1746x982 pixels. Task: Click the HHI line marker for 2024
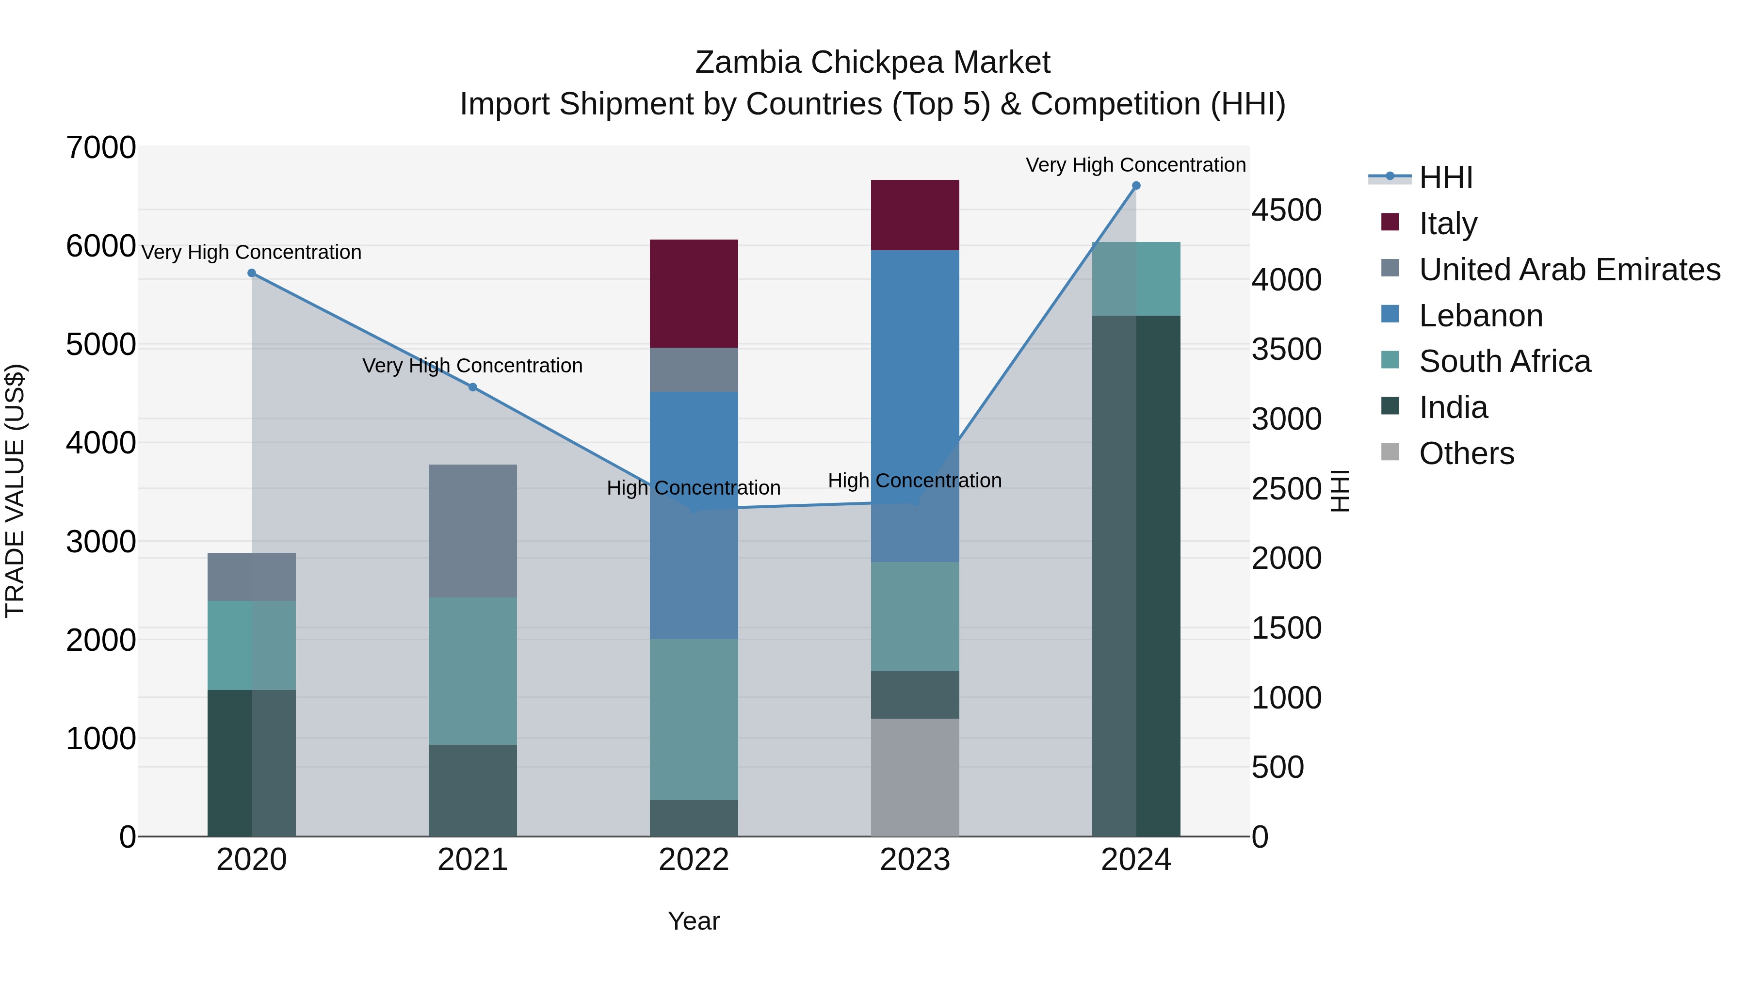point(1136,186)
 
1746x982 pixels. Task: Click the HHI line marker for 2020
point(251,273)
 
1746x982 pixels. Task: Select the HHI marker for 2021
point(473,387)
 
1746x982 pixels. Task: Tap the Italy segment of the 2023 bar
point(914,215)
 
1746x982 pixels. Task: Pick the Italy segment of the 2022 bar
point(694,293)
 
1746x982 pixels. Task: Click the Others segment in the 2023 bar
point(914,777)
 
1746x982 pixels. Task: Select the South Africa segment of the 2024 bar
point(1136,278)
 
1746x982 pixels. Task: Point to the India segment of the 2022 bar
point(694,818)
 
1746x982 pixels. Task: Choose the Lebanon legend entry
point(1480,316)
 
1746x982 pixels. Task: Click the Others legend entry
point(1466,453)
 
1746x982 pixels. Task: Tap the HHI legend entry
point(1445,177)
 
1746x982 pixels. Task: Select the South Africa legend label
point(1504,361)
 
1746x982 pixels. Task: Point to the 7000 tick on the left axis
point(101,148)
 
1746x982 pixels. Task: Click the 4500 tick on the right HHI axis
point(1286,210)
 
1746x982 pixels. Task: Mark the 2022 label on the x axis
point(694,860)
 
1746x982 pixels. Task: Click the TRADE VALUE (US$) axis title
point(15,491)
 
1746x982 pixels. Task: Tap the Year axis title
point(694,921)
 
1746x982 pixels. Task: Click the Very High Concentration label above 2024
point(1135,165)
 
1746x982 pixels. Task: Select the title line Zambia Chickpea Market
point(873,63)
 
